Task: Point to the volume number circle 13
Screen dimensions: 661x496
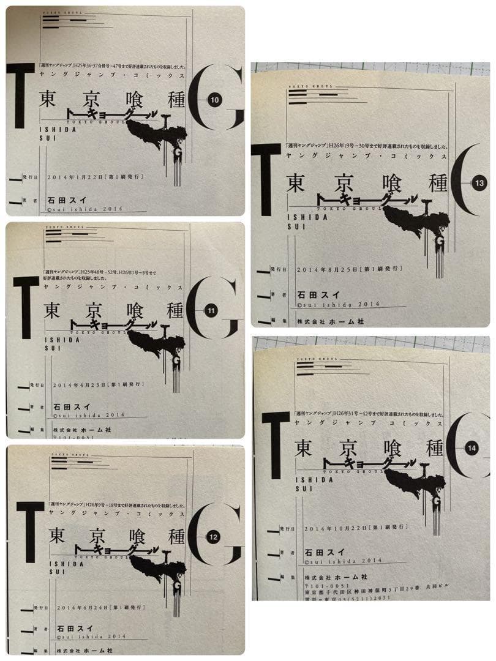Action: (479, 183)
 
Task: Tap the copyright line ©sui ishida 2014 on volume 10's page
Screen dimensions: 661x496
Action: (85, 209)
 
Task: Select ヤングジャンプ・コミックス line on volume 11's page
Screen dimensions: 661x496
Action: (113, 286)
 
